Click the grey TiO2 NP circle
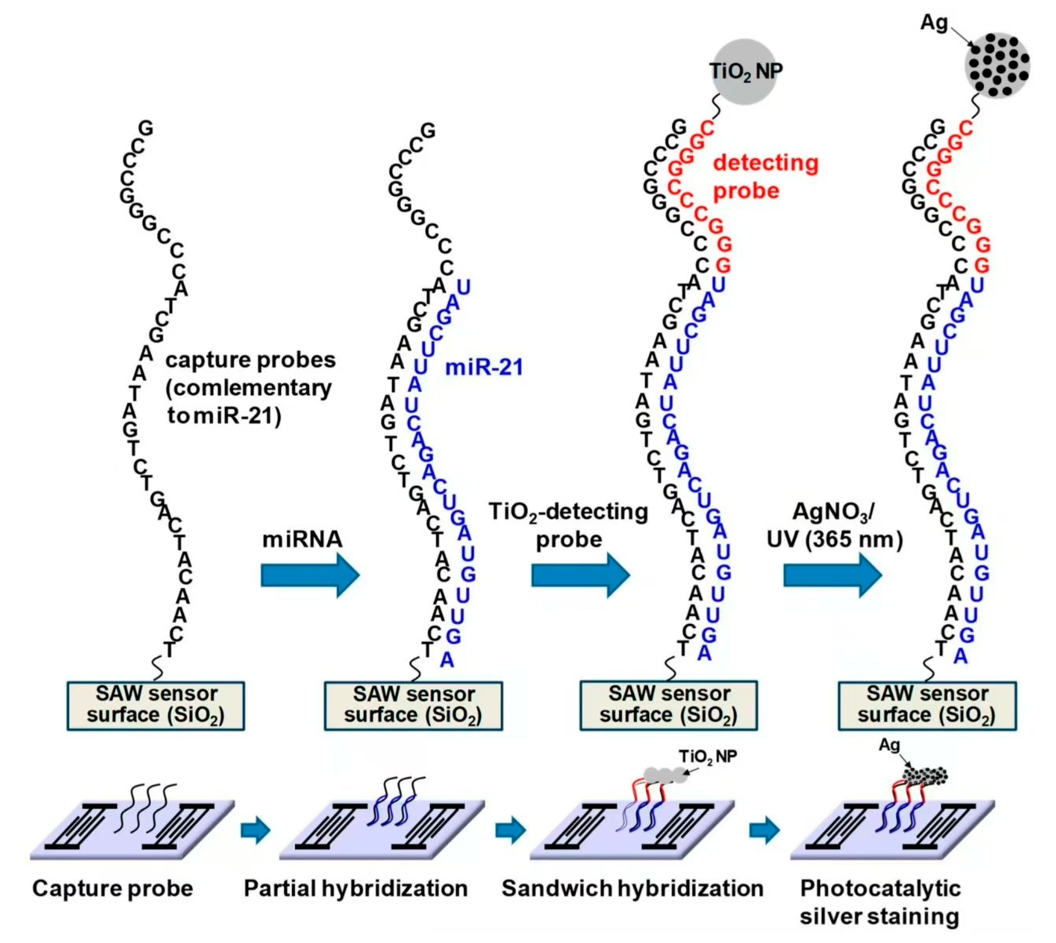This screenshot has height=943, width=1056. (x=744, y=72)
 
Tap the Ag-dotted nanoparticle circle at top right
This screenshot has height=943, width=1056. (x=996, y=65)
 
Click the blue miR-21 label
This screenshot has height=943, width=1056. (x=484, y=367)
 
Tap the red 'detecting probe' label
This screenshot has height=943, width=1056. (x=765, y=177)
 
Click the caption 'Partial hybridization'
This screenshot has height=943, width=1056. (x=356, y=889)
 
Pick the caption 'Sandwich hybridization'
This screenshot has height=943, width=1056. (x=632, y=889)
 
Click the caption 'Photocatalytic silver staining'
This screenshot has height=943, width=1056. (x=880, y=902)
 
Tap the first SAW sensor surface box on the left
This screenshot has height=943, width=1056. (x=156, y=705)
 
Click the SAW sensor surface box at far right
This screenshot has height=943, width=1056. (x=927, y=705)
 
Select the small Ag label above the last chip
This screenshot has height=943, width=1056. (x=890, y=745)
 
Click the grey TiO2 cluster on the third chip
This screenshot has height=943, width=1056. (x=665, y=775)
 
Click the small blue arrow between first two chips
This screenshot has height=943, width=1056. (x=255, y=830)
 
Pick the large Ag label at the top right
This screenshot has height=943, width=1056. (x=934, y=23)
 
